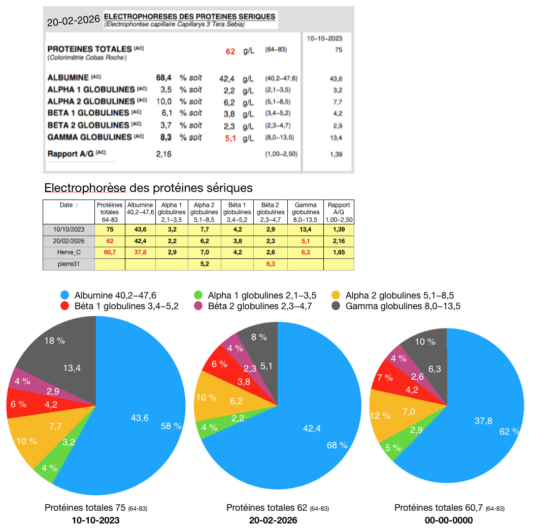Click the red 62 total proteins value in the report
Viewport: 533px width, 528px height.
pyautogui.click(x=230, y=51)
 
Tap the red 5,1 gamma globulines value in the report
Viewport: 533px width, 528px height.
pyautogui.click(x=230, y=139)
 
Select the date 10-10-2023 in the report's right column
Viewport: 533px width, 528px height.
pyautogui.click(x=324, y=39)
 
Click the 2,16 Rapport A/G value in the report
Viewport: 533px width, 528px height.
pyautogui.click(x=163, y=154)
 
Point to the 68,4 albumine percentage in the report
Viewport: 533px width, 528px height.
pyautogui.click(x=163, y=78)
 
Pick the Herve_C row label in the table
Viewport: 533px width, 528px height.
pyautogui.click(x=69, y=252)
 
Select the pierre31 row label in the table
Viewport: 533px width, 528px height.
pyautogui.click(x=69, y=264)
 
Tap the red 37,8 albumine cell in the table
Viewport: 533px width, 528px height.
pyautogui.click(x=140, y=252)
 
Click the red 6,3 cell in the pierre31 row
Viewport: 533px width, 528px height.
pyautogui.click(x=271, y=264)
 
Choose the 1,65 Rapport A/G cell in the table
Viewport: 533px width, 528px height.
pyautogui.click(x=339, y=252)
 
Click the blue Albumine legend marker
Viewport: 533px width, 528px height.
pyautogui.click(x=64, y=295)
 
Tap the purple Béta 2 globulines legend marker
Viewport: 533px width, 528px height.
pyautogui.click(x=198, y=306)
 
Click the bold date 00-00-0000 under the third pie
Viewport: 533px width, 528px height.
pyautogui.click(x=449, y=520)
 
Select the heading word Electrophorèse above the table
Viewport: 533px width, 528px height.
pyautogui.click(x=85, y=188)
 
